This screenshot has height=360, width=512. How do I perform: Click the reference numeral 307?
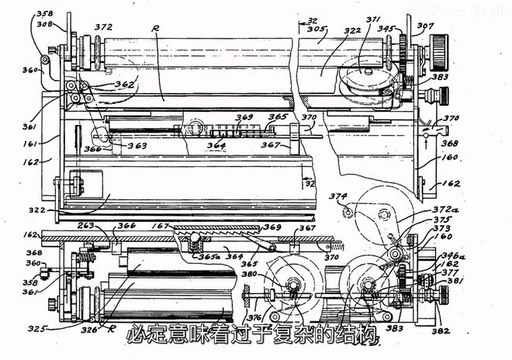[425, 25]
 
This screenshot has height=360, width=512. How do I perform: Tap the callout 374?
[337, 197]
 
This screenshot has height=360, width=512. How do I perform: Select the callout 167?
[161, 226]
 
